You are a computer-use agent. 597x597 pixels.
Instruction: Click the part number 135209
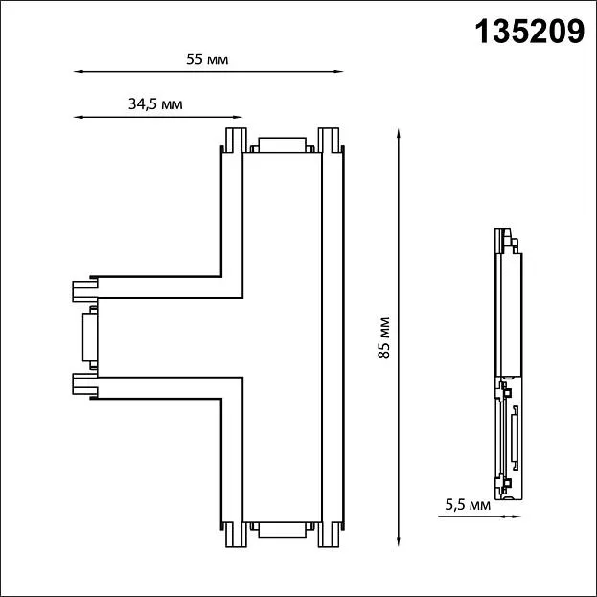pos(529,32)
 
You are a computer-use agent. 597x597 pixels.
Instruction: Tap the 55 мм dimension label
pos(207,59)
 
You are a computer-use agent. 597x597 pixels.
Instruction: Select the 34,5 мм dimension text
pos(155,103)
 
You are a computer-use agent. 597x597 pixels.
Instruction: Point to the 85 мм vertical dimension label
pos(384,337)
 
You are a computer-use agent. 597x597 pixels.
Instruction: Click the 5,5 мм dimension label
pos(468,505)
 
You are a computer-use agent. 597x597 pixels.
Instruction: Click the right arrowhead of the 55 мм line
pos(339,71)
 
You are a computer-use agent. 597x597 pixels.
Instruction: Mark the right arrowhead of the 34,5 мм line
pos(238,117)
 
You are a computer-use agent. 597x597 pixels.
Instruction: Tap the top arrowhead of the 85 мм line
pos(399,134)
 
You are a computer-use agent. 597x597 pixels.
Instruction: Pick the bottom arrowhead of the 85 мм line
pos(399,541)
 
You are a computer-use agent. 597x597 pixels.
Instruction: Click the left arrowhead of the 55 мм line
pos(79,71)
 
